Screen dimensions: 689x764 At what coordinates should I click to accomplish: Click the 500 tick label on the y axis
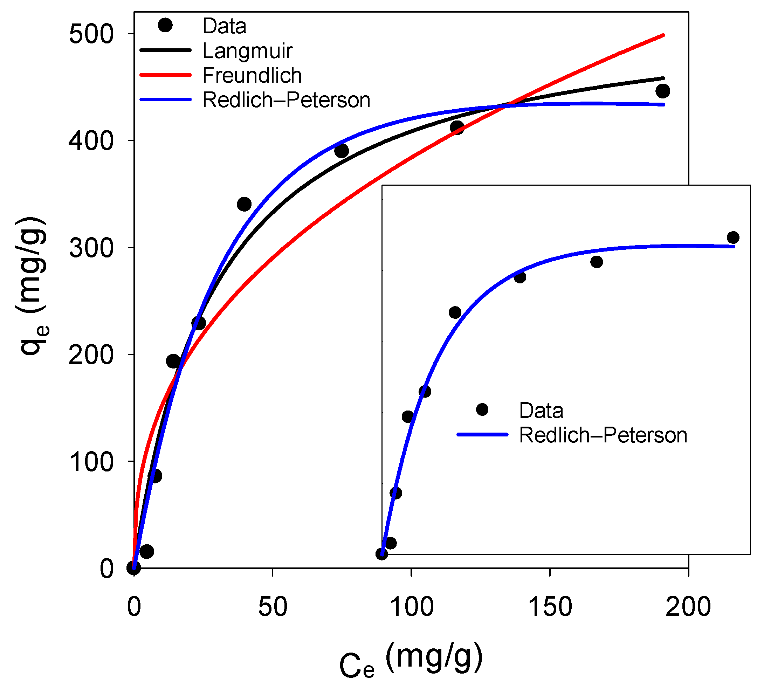point(91,34)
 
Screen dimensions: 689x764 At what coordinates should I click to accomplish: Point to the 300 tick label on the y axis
point(91,248)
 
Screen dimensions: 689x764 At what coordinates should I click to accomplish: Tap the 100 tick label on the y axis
point(91,462)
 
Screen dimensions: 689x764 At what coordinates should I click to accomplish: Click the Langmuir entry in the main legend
point(248,51)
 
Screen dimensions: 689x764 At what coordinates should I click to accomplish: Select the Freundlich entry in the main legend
point(252,75)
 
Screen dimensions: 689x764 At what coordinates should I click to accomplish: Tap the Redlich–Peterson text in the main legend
point(286,100)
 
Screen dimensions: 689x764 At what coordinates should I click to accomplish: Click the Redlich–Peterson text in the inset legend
point(603,435)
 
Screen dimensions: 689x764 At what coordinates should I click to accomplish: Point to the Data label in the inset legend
point(541,411)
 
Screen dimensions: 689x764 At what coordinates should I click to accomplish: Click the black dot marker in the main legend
point(165,25)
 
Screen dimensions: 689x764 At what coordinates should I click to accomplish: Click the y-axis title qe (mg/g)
point(32,286)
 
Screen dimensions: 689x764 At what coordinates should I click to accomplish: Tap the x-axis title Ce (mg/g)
point(411,661)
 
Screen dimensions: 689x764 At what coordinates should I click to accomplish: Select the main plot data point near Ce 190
point(662,91)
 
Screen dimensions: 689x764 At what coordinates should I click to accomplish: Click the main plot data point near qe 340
point(244,205)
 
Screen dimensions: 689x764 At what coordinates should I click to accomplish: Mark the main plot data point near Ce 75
point(342,151)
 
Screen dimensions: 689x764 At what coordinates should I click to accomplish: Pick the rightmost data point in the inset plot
point(733,237)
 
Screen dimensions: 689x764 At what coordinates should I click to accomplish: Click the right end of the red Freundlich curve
point(663,36)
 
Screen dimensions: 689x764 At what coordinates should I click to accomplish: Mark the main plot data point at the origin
point(134,567)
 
